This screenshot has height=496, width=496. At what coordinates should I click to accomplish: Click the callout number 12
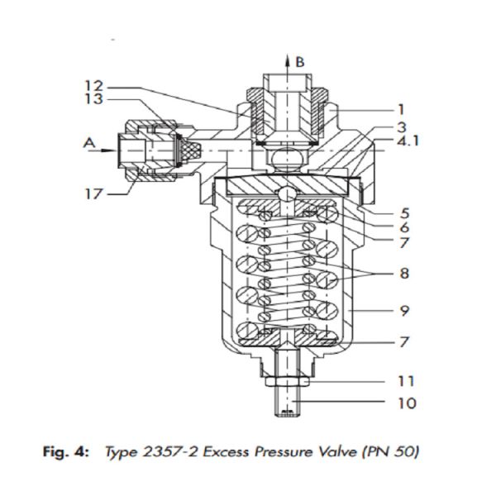[x=94, y=86]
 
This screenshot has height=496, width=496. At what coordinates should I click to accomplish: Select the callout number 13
[x=94, y=99]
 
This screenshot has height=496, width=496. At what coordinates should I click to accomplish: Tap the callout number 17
[x=93, y=193]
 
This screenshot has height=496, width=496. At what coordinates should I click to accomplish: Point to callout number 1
[x=401, y=110]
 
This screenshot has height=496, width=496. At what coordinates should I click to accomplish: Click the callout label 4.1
[x=408, y=141]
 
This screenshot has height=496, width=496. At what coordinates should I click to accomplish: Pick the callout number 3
[x=402, y=127]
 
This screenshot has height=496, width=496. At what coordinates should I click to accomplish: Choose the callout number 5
[x=404, y=213]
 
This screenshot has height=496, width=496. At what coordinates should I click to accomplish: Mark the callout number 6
[x=404, y=227]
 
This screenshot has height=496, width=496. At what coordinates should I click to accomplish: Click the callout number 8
[x=404, y=273]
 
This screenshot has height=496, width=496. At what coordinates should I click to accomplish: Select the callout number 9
[x=404, y=311]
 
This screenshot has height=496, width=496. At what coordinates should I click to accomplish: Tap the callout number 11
[x=406, y=381]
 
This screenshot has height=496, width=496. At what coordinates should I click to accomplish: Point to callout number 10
[x=407, y=403]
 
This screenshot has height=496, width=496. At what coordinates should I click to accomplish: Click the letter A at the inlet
[x=89, y=143]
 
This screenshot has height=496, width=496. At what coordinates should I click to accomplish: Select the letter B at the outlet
[x=300, y=62]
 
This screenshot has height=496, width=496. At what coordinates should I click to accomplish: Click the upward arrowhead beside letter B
[x=288, y=60]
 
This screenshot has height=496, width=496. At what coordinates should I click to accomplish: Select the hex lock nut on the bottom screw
[x=287, y=382]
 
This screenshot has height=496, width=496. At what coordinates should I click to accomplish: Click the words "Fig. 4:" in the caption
[x=66, y=451]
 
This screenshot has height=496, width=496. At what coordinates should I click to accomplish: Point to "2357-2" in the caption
[x=170, y=451]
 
